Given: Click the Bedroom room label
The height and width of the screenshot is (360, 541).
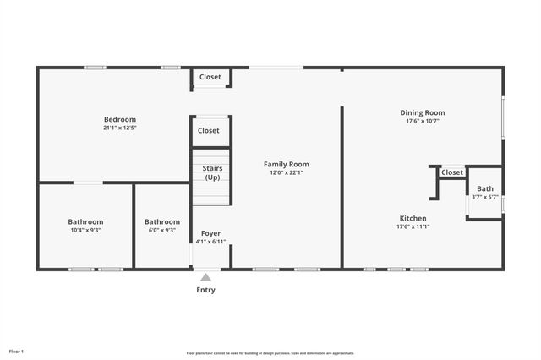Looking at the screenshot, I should (x=120, y=120).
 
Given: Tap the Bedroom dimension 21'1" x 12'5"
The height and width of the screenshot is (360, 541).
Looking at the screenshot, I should (x=120, y=128).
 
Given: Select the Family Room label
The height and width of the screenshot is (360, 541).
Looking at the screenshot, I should (x=287, y=164).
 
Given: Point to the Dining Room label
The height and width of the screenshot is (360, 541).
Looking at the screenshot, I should (x=423, y=112).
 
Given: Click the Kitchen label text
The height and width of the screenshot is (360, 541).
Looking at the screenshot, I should (x=413, y=218).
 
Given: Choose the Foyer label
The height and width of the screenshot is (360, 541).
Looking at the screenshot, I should (x=210, y=233).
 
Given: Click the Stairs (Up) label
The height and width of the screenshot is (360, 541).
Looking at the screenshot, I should (x=212, y=172).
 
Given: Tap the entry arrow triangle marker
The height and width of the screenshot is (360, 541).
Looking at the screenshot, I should (x=205, y=276).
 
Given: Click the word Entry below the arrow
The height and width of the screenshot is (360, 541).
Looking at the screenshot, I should (x=205, y=290).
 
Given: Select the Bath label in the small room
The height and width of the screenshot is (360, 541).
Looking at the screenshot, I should (x=485, y=188).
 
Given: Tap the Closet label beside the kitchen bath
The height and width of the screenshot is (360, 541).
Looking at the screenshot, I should (x=452, y=172).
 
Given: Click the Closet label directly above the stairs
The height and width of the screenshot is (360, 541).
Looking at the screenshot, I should (x=209, y=131).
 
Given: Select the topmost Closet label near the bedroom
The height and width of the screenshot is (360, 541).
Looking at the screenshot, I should (x=210, y=77).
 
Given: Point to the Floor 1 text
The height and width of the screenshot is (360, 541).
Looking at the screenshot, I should (x=17, y=351).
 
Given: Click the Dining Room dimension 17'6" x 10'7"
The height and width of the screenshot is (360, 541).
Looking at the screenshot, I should (x=423, y=121).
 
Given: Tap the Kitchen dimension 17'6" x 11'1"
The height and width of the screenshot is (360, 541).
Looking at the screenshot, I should (x=413, y=226).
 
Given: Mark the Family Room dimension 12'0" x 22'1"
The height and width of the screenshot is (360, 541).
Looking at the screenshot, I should (x=287, y=172).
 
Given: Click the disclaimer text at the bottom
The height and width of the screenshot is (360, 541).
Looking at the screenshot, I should (x=270, y=353).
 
